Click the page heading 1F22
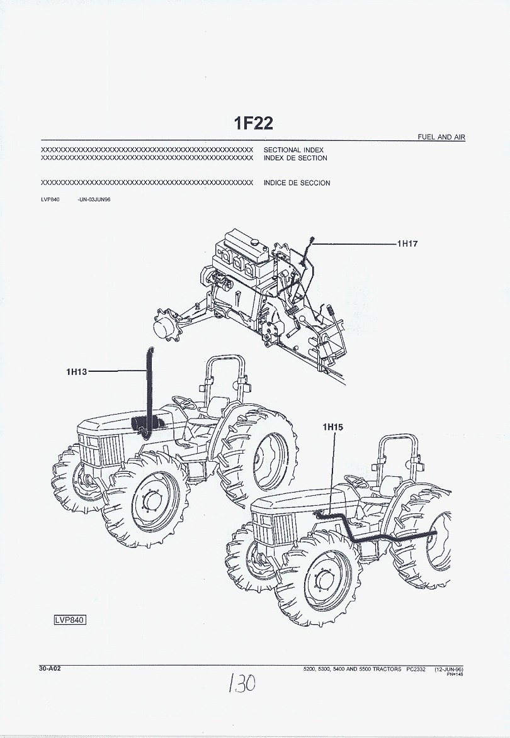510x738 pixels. (x=254, y=123)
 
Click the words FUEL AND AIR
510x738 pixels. (x=441, y=137)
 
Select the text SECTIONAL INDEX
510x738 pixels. (x=293, y=150)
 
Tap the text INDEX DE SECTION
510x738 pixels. (x=295, y=159)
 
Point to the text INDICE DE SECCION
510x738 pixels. (x=297, y=183)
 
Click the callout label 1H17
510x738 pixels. (x=407, y=243)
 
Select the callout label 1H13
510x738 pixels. (x=77, y=372)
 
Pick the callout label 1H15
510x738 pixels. (x=332, y=428)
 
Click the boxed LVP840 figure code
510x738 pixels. (x=69, y=620)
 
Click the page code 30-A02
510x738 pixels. (x=50, y=669)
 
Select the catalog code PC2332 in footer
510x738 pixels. (x=417, y=669)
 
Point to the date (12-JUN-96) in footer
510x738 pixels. (x=448, y=669)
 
